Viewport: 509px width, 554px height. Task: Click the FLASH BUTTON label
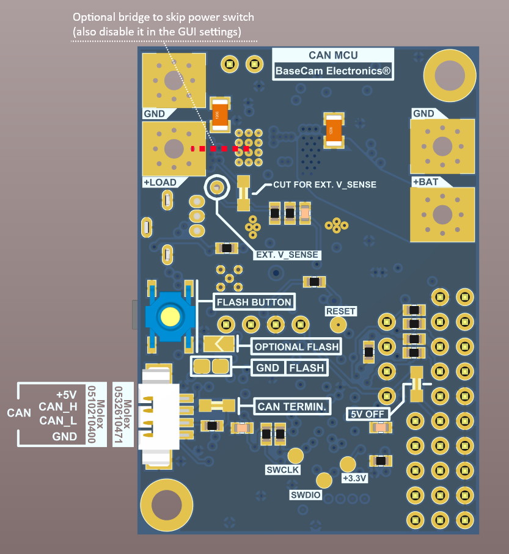[254, 302]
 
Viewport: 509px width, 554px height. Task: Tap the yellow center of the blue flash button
[169, 316]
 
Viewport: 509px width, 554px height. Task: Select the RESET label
[341, 312]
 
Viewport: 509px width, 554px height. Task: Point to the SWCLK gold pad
[296, 456]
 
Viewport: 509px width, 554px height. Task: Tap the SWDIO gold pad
[323, 481]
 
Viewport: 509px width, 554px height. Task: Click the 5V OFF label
[367, 414]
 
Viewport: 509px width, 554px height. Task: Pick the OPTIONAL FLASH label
[296, 347]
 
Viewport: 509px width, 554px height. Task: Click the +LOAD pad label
[159, 183]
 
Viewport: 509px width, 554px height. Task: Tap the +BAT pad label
[425, 182]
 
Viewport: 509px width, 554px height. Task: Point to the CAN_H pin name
[58, 406]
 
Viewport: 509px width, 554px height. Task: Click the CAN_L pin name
[58, 420]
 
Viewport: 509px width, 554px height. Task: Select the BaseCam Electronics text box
[333, 71]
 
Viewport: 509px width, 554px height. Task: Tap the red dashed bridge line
[220, 148]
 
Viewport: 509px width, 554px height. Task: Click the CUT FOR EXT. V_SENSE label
[324, 184]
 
